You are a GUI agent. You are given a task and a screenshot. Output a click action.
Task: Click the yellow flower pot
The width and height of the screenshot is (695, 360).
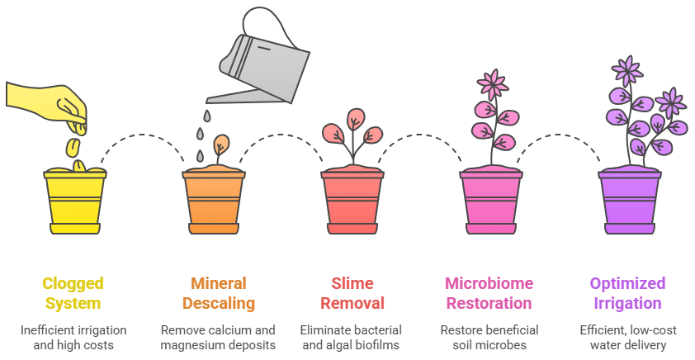tap(75, 201)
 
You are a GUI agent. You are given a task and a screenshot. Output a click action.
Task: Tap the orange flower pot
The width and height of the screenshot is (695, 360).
tap(214, 201)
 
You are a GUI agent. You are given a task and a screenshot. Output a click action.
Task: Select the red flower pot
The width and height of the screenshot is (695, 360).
tap(352, 201)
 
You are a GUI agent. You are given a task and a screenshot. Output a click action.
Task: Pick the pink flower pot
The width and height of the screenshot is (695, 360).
tap(491, 201)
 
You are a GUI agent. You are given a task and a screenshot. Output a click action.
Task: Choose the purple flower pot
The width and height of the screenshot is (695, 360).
tap(630, 201)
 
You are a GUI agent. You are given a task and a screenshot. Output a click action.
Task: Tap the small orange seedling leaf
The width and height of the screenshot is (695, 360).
tap(221, 144)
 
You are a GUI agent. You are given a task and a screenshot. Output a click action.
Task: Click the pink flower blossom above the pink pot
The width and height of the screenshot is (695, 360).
tap(493, 84)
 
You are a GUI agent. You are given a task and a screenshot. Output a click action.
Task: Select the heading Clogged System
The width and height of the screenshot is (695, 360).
tap(73, 293)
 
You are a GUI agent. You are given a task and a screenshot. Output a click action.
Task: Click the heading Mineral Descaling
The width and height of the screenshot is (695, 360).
tap(219, 293)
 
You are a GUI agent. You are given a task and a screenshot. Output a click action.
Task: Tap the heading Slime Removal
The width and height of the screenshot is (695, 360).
tap(352, 293)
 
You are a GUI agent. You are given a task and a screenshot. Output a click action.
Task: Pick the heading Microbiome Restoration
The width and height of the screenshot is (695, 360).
tap(489, 293)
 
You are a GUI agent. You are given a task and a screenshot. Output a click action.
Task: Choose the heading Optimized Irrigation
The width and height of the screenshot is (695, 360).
tap(627, 293)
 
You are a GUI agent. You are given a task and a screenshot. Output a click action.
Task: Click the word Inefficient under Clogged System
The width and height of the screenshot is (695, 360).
tap(47, 329)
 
